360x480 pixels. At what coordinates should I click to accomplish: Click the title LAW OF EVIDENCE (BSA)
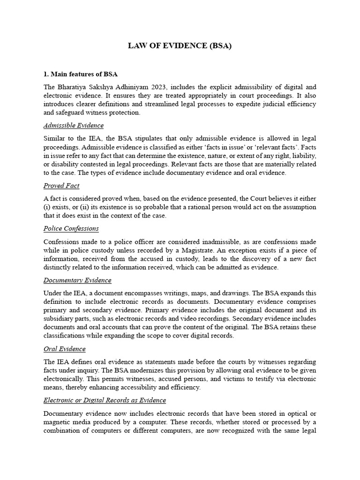180,46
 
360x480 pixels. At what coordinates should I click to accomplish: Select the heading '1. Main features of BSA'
80,74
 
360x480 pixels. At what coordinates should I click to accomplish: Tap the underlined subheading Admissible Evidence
73,126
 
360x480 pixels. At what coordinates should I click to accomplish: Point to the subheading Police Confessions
71,228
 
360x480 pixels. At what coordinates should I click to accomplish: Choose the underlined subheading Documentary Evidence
77,280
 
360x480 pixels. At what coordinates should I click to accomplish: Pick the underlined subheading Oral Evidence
64,349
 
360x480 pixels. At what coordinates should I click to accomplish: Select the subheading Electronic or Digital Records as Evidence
105,400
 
